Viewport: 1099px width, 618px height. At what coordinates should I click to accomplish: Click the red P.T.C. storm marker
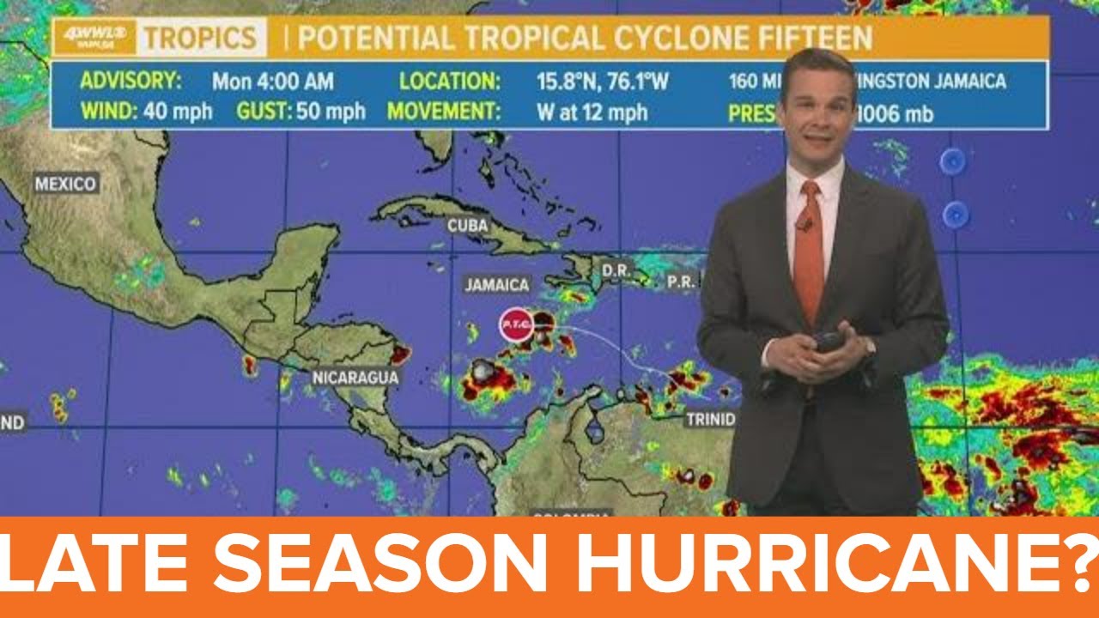coord(517,324)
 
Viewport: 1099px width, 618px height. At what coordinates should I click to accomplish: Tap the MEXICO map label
coord(66,184)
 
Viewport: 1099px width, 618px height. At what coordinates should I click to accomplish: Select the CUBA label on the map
coord(468,226)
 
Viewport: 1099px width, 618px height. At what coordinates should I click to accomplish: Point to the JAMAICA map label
coord(497,284)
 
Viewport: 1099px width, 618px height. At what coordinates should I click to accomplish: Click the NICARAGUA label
coord(355,377)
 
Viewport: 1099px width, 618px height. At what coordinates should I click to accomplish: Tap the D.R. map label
coord(616,270)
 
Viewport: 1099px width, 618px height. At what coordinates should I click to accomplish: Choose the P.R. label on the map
coord(681,281)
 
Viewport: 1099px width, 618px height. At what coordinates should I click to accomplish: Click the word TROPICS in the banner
coord(199,38)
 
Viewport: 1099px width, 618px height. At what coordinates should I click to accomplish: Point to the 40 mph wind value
coord(179,112)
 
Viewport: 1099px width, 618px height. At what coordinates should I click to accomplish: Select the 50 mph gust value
coord(331,112)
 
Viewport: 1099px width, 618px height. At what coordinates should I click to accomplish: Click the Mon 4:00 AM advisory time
coord(273,82)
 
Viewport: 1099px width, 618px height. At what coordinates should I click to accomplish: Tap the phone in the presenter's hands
coord(828,342)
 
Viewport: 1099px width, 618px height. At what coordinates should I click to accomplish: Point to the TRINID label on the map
coord(709,420)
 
